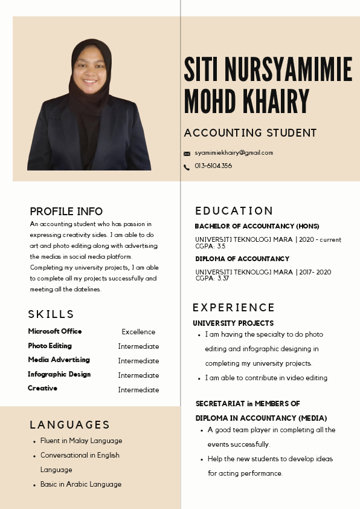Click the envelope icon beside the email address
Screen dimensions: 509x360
[x=187, y=154]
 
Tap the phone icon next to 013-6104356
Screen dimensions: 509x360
[x=187, y=167]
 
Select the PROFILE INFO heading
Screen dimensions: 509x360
[x=66, y=212]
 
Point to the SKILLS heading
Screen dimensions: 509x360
[x=51, y=314]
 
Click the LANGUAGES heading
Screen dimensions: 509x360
[x=70, y=425]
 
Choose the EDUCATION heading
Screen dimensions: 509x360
[x=234, y=211]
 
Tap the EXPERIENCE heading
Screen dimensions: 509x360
[x=234, y=308]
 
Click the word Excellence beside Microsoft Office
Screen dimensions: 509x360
[x=138, y=332]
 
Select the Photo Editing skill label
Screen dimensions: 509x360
[x=50, y=346]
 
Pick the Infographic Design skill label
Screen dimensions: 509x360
[x=59, y=374]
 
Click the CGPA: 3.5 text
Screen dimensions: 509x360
[x=210, y=246]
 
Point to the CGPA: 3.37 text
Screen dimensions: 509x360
[x=212, y=279]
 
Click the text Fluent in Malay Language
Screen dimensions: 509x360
[x=81, y=441]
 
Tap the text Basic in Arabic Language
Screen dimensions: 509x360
[x=81, y=484]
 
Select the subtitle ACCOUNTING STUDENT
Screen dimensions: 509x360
[x=250, y=133]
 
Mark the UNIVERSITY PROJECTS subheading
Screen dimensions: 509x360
[x=233, y=323]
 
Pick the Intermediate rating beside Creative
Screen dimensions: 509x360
[x=138, y=390]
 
